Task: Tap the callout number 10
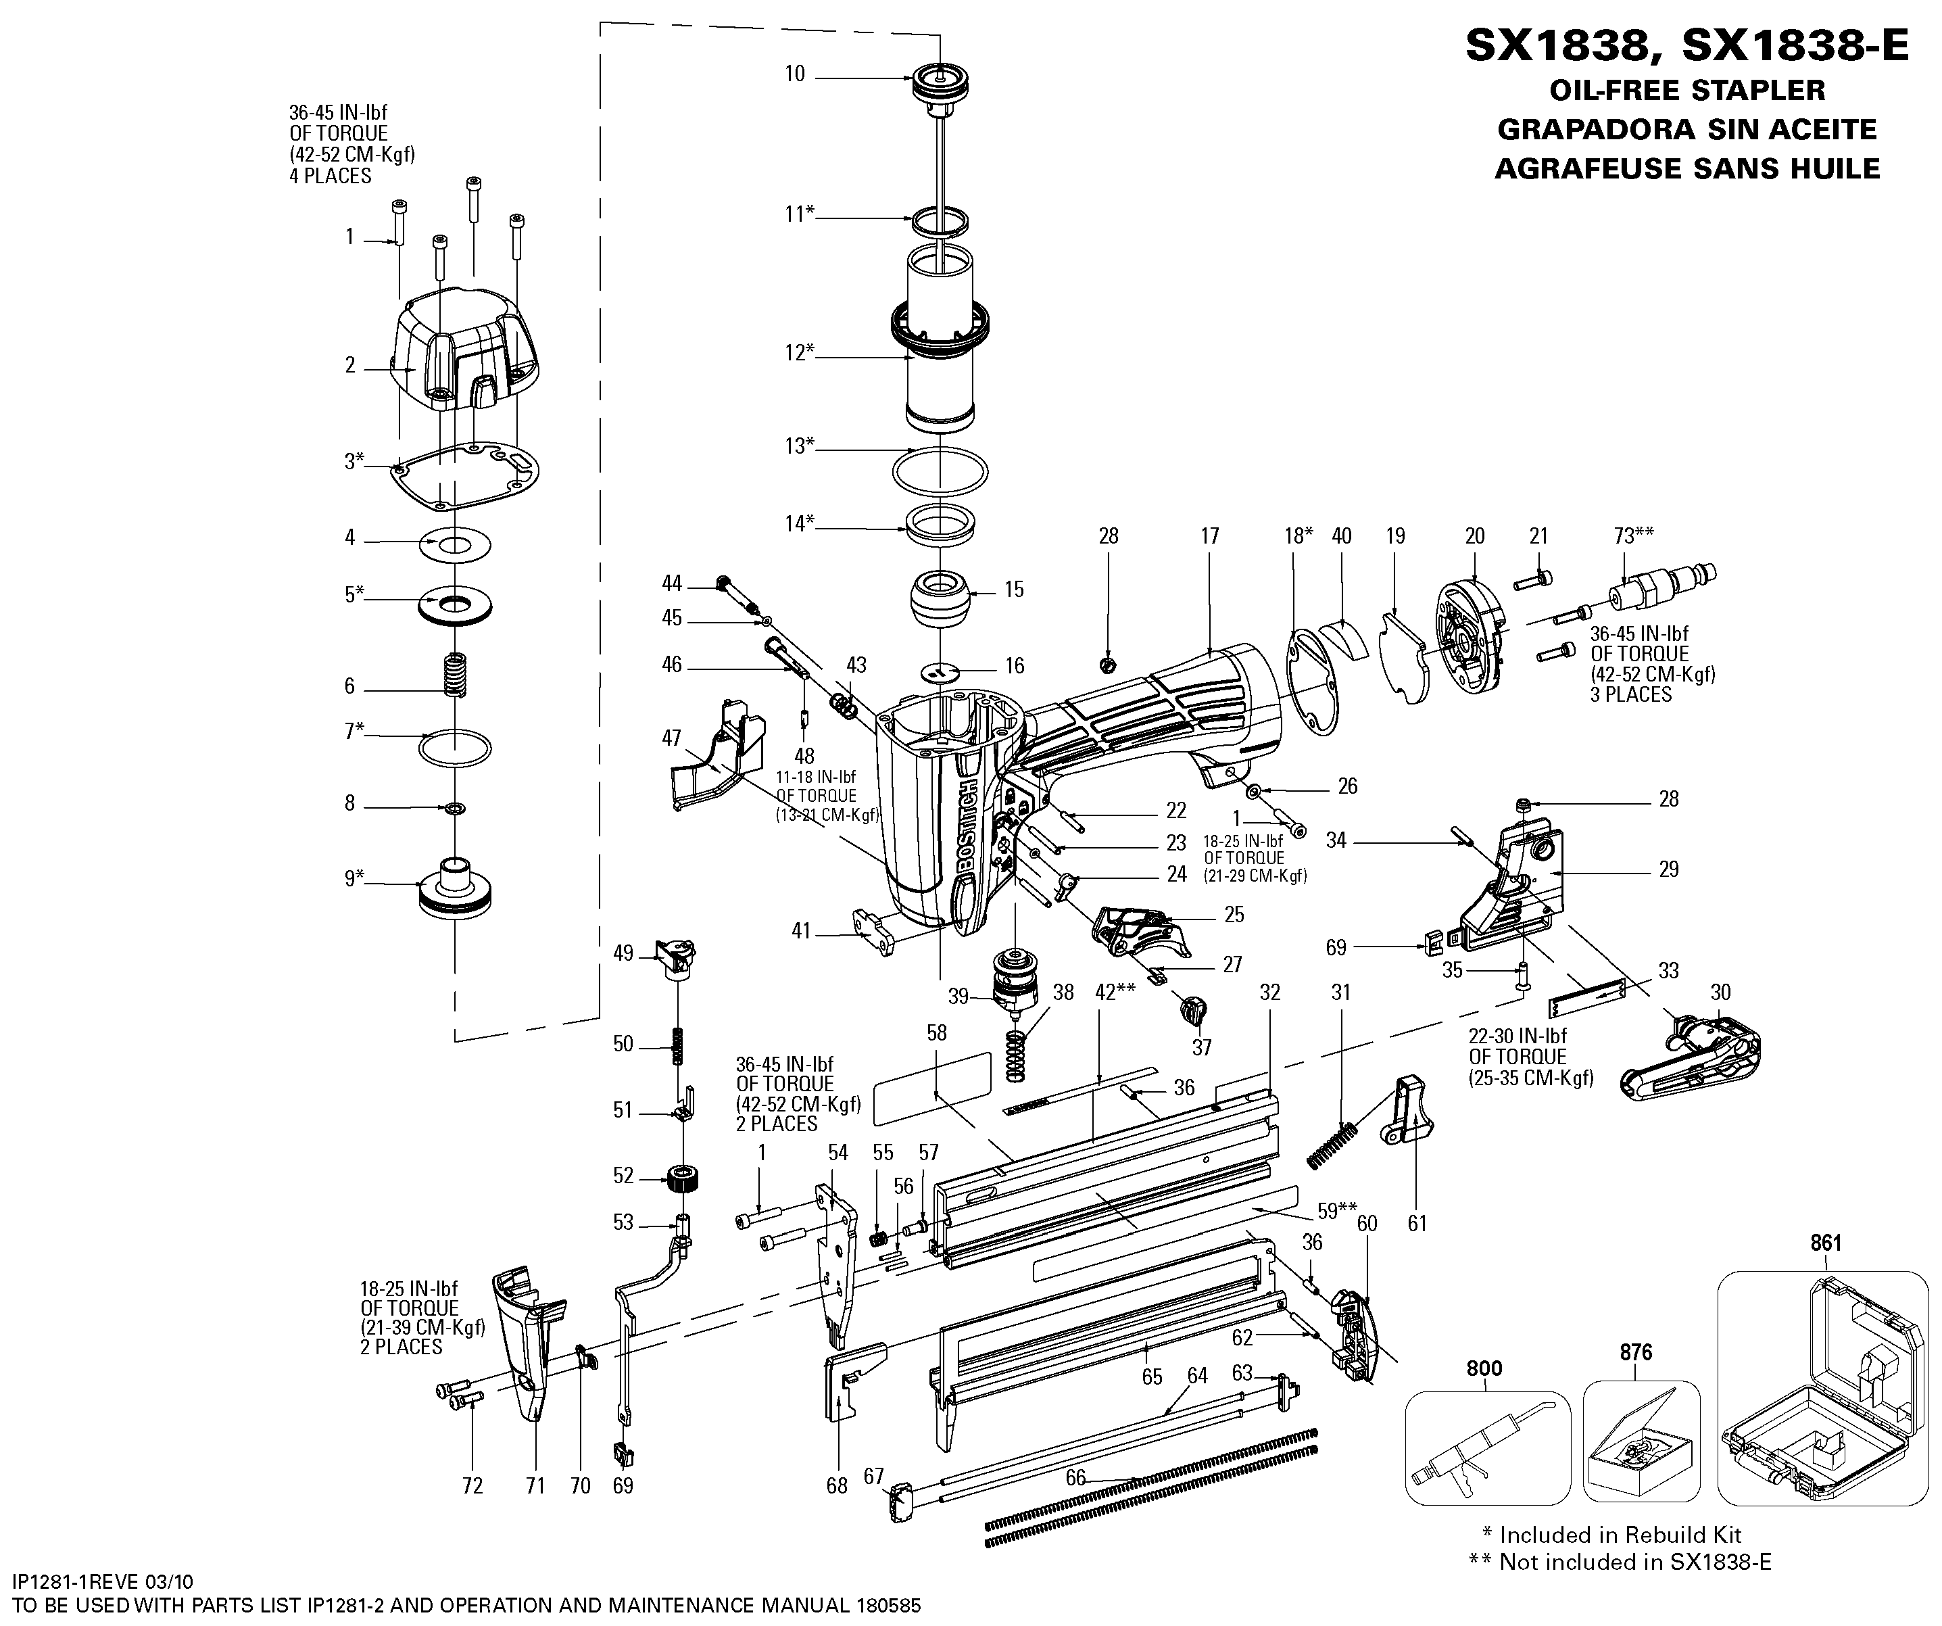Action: pos(796,74)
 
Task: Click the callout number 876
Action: pos(1636,1352)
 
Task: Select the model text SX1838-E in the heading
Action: pos(1795,45)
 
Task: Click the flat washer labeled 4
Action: pos(455,544)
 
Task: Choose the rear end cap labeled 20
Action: pos(1472,627)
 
